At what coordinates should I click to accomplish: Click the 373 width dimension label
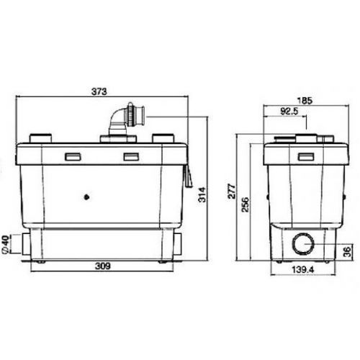(x=99, y=91)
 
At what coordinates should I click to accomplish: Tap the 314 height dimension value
(x=202, y=194)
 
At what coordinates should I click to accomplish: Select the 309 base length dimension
(x=103, y=266)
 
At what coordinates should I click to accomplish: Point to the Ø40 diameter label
(x=6, y=244)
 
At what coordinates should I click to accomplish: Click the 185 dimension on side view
(x=305, y=101)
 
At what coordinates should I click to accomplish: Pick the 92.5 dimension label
(x=289, y=111)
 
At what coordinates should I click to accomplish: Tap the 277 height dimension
(x=232, y=191)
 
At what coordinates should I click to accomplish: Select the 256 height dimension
(x=245, y=204)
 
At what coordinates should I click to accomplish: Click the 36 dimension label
(x=347, y=252)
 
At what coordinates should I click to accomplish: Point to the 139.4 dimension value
(x=303, y=270)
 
